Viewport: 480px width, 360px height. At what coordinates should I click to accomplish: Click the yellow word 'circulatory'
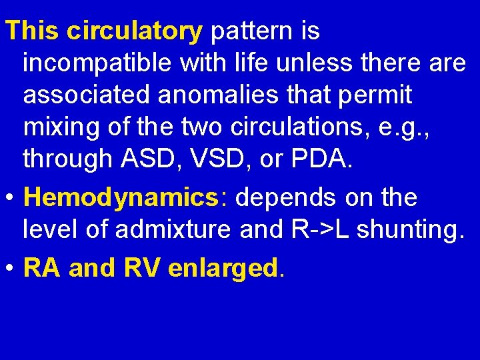point(134,30)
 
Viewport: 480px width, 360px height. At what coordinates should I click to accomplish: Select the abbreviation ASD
point(142,160)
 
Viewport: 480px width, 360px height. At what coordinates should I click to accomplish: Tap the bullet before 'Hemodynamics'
point(11,199)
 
